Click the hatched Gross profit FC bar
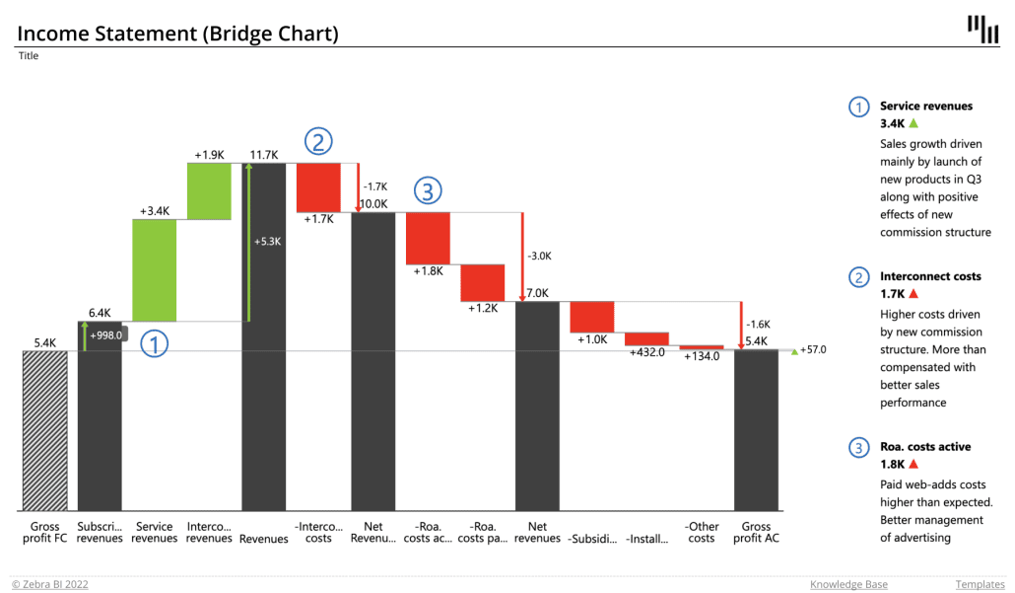45,430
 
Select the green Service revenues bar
155,269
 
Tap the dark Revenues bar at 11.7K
264,336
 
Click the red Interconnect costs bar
318,187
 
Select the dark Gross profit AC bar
756,430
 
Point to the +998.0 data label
105,335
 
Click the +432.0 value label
647,352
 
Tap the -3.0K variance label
540,256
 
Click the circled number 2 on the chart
317,142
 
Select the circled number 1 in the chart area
154,343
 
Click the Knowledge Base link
848,584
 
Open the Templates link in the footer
979,584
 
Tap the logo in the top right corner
982,30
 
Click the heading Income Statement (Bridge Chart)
178,34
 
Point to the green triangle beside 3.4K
913,123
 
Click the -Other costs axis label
702,532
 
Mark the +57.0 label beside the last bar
813,350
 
